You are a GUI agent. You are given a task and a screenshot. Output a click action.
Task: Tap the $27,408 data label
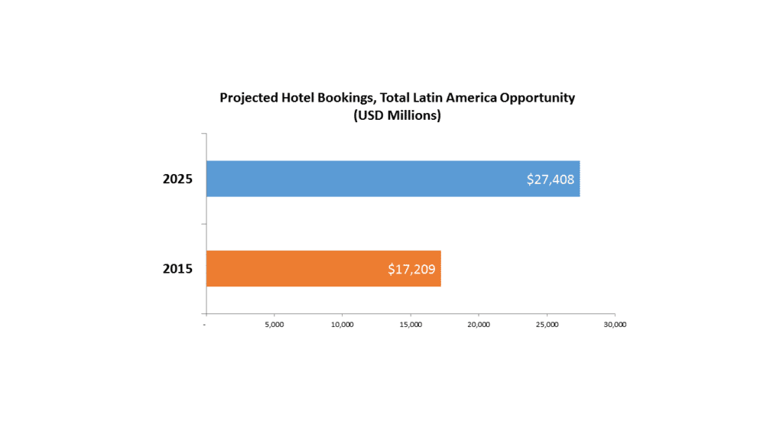[551, 180]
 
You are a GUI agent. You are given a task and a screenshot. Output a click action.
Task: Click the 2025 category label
[177, 180]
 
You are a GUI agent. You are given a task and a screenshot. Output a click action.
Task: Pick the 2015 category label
[177, 269]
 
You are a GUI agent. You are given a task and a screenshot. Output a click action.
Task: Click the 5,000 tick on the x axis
[274, 325]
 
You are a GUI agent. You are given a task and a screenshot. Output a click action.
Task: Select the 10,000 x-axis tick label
[342, 325]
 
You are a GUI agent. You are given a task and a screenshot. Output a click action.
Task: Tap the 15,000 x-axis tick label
[411, 325]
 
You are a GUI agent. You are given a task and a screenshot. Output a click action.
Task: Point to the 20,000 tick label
[479, 325]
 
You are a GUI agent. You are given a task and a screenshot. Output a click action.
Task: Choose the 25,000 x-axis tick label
[547, 325]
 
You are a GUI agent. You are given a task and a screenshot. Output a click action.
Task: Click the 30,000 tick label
[615, 325]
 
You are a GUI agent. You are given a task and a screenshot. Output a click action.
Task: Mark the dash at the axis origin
[205, 325]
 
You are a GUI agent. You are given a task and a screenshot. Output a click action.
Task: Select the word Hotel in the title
[298, 98]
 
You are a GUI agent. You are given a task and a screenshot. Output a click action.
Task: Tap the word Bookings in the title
[346, 98]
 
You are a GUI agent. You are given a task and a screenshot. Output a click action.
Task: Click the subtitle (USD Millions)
[397, 116]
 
